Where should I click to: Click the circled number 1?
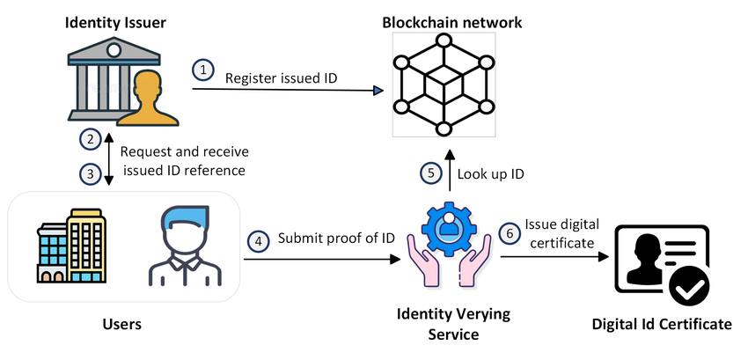click(x=203, y=69)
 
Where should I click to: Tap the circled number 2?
click(x=89, y=138)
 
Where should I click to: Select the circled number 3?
click(x=89, y=173)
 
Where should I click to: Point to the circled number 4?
click(x=259, y=239)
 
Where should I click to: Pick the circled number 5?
click(x=430, y=173)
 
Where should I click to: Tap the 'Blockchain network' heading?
click(x=451, y=21)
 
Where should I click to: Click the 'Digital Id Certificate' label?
click(x=662, y=325)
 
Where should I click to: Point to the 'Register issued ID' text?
click(x=281, y=78)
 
